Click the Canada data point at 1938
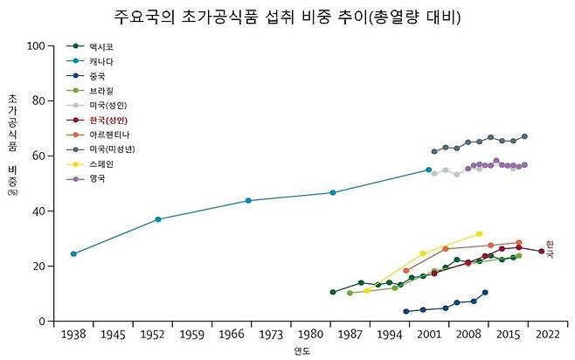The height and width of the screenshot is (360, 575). pos(73,254)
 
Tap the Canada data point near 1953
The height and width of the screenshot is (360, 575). pos(158,219)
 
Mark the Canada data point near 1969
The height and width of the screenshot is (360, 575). pos(248,200)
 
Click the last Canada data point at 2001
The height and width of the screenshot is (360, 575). pos(428,170)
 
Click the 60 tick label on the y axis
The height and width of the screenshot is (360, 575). pos(38,156)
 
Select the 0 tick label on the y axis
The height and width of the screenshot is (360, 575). pos(41,321)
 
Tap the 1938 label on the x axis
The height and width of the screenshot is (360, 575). pos(73,335)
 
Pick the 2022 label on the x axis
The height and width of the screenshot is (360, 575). pos(547,335)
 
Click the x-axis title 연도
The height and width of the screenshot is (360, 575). pos(301,351)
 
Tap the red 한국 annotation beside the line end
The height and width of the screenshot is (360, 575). pos(550,249)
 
